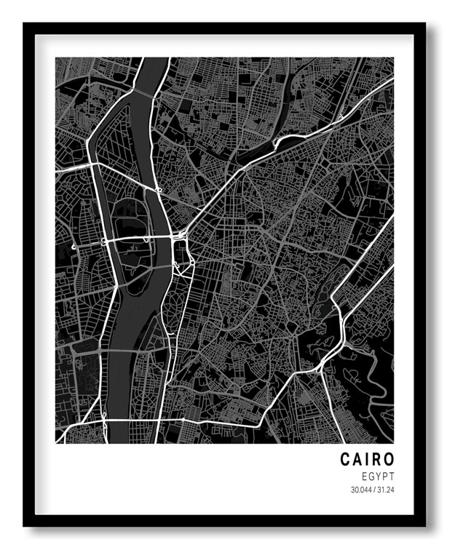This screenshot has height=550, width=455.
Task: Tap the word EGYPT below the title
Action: [x=376, y=475]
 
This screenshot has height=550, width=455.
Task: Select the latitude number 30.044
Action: [x=360, y=490]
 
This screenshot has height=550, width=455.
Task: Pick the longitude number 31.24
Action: [x=386, y=490]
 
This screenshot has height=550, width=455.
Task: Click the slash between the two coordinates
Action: [x=373, y=490]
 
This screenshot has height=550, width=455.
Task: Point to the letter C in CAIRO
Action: [x=344, y=459]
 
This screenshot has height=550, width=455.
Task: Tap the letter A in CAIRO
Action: [x=356, y=459]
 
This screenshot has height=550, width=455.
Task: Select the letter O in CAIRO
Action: [x=388, y=459]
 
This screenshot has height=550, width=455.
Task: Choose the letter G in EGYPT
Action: [x=369, y=475]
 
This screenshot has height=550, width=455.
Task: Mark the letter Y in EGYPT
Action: [x=376, y=475]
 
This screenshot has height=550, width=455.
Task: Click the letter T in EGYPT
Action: [x=391, y=475]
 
